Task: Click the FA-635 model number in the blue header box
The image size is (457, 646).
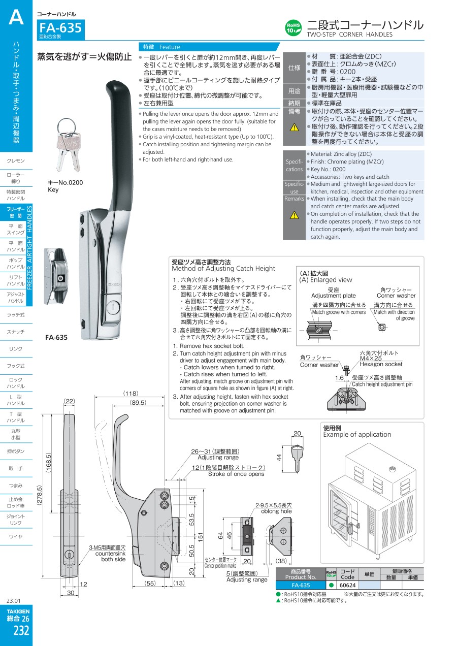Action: pyautogui.click(x=60, y=28)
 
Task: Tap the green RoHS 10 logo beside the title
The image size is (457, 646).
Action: pyautogui.click(x=293, y=28)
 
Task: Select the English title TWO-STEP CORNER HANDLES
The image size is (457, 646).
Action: pyautogui.click(x=349, y=35)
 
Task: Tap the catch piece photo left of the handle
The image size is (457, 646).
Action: pyautogui.click(x=56, y=276)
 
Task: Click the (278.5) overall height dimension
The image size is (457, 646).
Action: pyautogui.click(x=40, y=495)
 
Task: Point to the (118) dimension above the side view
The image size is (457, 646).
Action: pyautogui.click(x=130, y=393)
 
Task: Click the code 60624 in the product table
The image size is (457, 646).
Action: pyautogui.click(x=347, y=585)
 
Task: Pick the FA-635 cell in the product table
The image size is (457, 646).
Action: pyautogui.click(x=301, y=585)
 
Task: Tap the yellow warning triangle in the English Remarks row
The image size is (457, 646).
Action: pyautogui.click(x=294, y=215)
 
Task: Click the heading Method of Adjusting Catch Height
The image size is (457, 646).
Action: pyautogui.click(x=223, y=269)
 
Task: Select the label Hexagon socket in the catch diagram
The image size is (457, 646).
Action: pyautogui.click(x=381, y=364)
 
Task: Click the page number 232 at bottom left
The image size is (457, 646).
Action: pyautogui.click(x=21, y=630)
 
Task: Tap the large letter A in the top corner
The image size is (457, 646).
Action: pyautogui.click(x=16, y=17)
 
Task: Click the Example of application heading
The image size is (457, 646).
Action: pyautogui.click(x=357, y=434)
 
